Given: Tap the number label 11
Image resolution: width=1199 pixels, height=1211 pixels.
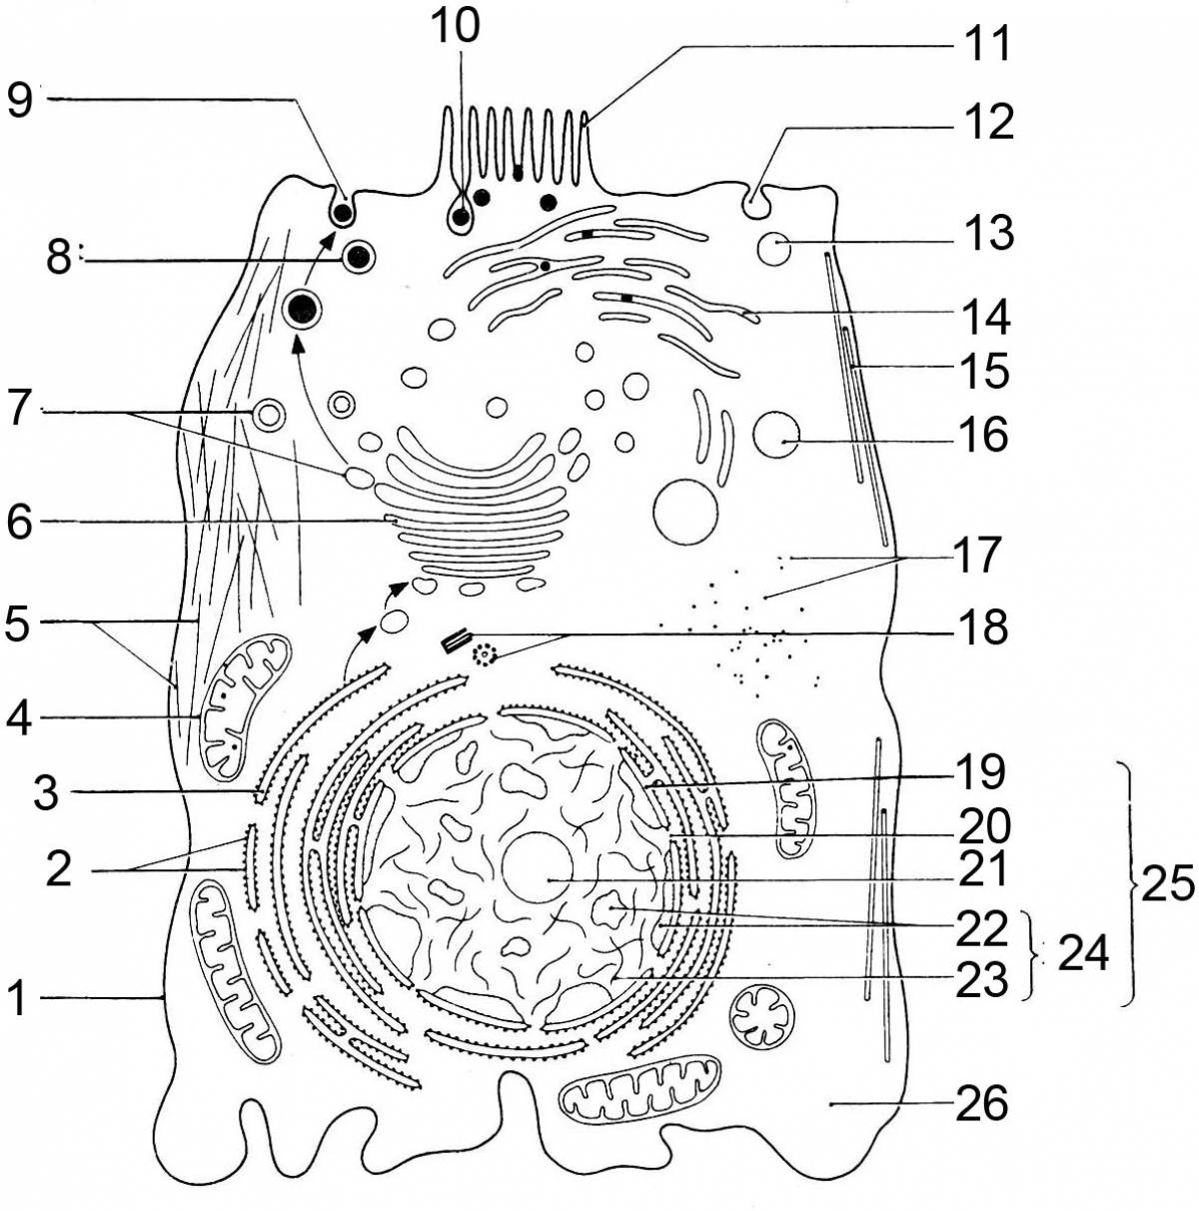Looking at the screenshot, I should (x=986, y=45).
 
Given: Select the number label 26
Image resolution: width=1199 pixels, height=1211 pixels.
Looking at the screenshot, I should (x=982, y=1104).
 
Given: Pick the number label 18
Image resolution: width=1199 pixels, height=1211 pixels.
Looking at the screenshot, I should (x=982, y=630).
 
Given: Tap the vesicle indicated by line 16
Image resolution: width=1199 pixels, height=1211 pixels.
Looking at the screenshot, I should (x=775, y=436).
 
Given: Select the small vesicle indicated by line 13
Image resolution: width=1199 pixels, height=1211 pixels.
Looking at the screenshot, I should (x=773, y=247).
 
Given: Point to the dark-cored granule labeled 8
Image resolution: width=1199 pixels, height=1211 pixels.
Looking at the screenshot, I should (x=358, y=258).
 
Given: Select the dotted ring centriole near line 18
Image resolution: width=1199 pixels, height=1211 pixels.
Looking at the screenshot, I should (x=487, y=656).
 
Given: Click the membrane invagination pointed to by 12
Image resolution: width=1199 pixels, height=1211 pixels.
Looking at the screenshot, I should (x=756, y=205).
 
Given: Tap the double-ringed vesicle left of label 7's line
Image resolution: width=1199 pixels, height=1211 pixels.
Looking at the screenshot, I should (x=268, y=413).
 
